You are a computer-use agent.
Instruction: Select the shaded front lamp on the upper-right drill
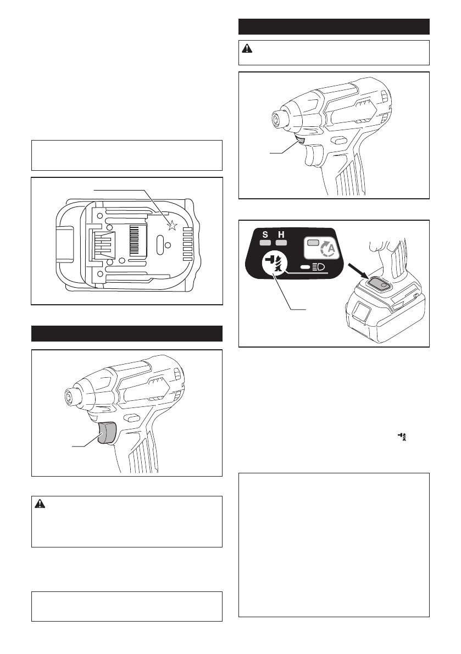coord(300,140)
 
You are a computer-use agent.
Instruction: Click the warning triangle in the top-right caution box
coord(247,48)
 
